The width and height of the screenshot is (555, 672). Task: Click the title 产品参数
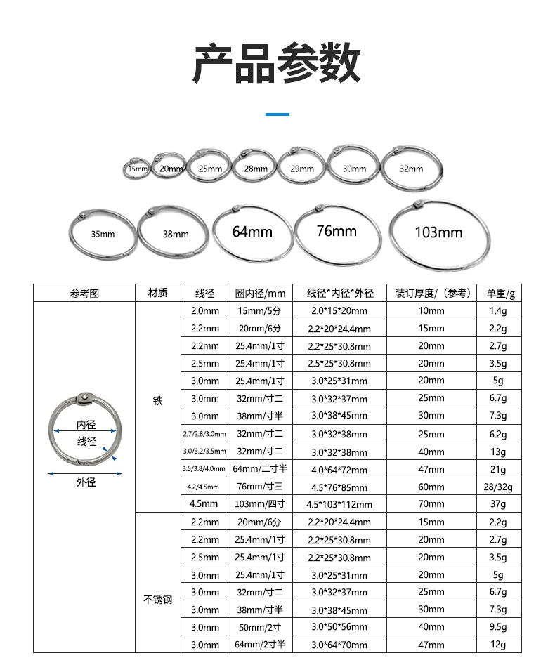coord(277,63)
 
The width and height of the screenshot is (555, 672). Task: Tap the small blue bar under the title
coord(277,114)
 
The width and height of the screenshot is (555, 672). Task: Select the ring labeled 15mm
coord(136,169)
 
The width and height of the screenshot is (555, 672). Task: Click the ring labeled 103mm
coord(439,232)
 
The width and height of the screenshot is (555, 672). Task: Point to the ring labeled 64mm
coord(252,232)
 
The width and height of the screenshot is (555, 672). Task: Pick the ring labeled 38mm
coord(174,234)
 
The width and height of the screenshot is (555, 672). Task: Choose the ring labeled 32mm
coord(413,169)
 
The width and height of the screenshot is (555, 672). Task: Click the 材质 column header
coord(157,293)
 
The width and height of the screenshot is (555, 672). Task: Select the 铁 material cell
coord(157,401)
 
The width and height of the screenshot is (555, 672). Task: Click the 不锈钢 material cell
coord(157,600)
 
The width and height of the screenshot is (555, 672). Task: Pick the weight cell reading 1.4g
coord(497,310)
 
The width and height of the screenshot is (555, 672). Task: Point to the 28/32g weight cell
coord(497,487)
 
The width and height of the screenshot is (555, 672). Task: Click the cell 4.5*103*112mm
coord(339,504)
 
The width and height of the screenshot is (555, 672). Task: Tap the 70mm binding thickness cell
coord(431,504)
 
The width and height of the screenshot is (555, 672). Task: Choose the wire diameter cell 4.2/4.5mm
coord(204,487)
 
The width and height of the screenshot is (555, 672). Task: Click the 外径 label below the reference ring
coord(86,482)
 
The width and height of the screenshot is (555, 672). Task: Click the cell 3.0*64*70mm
coord(339,645)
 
